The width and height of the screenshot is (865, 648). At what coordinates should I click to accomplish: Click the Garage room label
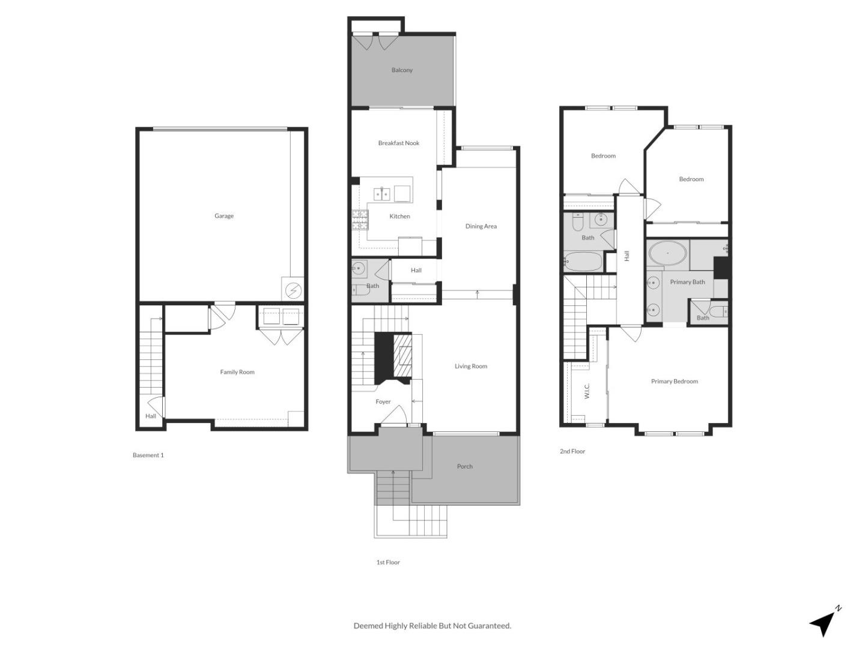point(224,216)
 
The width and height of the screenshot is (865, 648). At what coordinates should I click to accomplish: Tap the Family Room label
point(237,372)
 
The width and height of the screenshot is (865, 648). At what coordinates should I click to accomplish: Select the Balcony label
point(402,70)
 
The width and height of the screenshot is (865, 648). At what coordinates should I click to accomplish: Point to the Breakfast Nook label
point(399,143)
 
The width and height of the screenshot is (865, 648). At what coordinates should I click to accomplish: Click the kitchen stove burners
point(360,221)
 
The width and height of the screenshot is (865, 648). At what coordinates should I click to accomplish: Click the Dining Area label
point(481,226)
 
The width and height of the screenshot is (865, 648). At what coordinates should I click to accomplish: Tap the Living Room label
point(471,366)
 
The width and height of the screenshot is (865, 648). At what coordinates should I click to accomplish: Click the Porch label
point(465,466)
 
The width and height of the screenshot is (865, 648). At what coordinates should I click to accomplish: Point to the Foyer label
point(383,402)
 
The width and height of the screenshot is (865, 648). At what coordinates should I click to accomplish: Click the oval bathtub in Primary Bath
point(667,254)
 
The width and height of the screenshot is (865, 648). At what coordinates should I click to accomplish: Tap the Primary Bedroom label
point(675,382)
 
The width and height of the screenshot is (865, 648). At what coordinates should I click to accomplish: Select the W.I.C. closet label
point(587,391)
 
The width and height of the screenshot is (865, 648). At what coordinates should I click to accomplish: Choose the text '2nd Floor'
point(572,451)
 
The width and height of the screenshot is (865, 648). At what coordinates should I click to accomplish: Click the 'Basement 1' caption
point(148,455)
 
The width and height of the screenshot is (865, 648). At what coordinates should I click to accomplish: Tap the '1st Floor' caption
point(388,562)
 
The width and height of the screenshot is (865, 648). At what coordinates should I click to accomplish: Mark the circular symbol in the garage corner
point(293,290)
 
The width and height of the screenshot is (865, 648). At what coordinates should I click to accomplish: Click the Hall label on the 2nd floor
point(627,256)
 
